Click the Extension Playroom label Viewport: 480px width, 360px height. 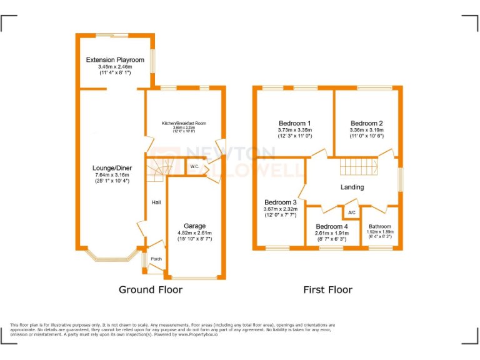[x=115, y=60]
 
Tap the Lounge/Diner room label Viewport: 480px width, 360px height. [x=112, y=168]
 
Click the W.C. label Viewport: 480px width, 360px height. [x=194, y=167]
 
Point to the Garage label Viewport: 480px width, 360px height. [x=194, y=226]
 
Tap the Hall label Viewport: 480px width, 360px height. [x=156, y=202]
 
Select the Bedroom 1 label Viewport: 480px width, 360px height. [x=295, y=123]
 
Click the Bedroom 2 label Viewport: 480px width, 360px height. [x=367, y=123]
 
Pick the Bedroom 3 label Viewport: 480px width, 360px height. [x=281, y=202]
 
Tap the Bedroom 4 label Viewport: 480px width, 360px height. [x=332, y=226]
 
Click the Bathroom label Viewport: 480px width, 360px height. [x=380, y=227]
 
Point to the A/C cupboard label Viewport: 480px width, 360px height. [x=351, y=212]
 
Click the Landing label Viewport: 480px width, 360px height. [x=352, y=187]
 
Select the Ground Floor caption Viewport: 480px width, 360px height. [x=151, y=289]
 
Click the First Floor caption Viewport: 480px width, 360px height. [x=327, y=289]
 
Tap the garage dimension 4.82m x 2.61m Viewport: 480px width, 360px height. [x=194, y=233]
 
